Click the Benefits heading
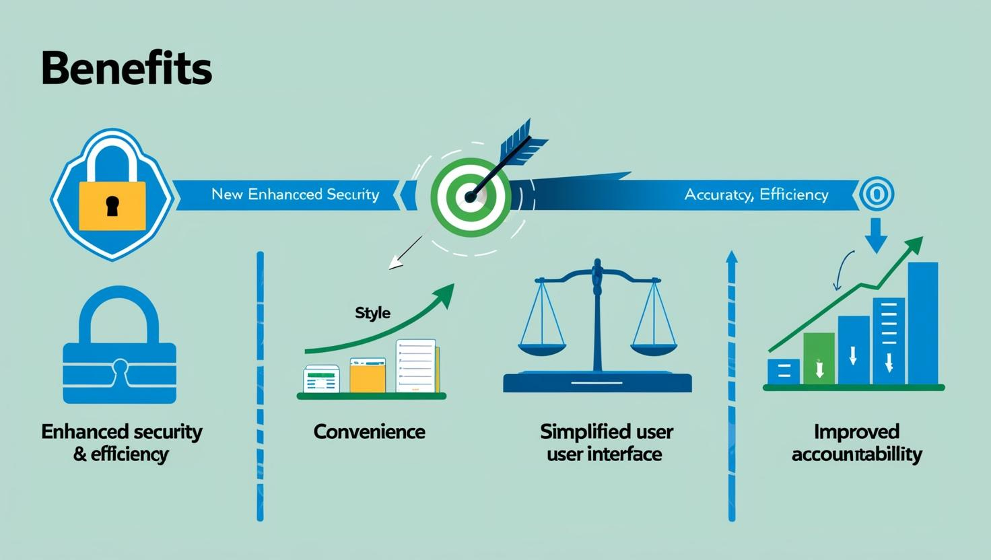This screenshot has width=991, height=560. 127,69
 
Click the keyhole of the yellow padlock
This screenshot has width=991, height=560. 112,205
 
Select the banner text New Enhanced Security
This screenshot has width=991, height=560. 295,195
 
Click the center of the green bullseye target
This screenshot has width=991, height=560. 471,197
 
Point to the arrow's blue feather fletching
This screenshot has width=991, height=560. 522,141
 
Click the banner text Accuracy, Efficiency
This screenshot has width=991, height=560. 756,195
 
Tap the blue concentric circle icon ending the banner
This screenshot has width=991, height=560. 877,195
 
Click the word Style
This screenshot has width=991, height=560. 372,313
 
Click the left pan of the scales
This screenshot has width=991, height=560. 543,349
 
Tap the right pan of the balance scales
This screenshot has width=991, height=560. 652,349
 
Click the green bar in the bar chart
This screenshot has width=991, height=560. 819,358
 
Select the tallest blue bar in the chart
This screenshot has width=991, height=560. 922,323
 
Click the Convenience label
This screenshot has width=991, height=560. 369,431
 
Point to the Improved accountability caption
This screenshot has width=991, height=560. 856,442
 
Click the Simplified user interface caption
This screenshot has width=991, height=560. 606,442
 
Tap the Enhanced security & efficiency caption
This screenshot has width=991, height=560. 122,442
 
